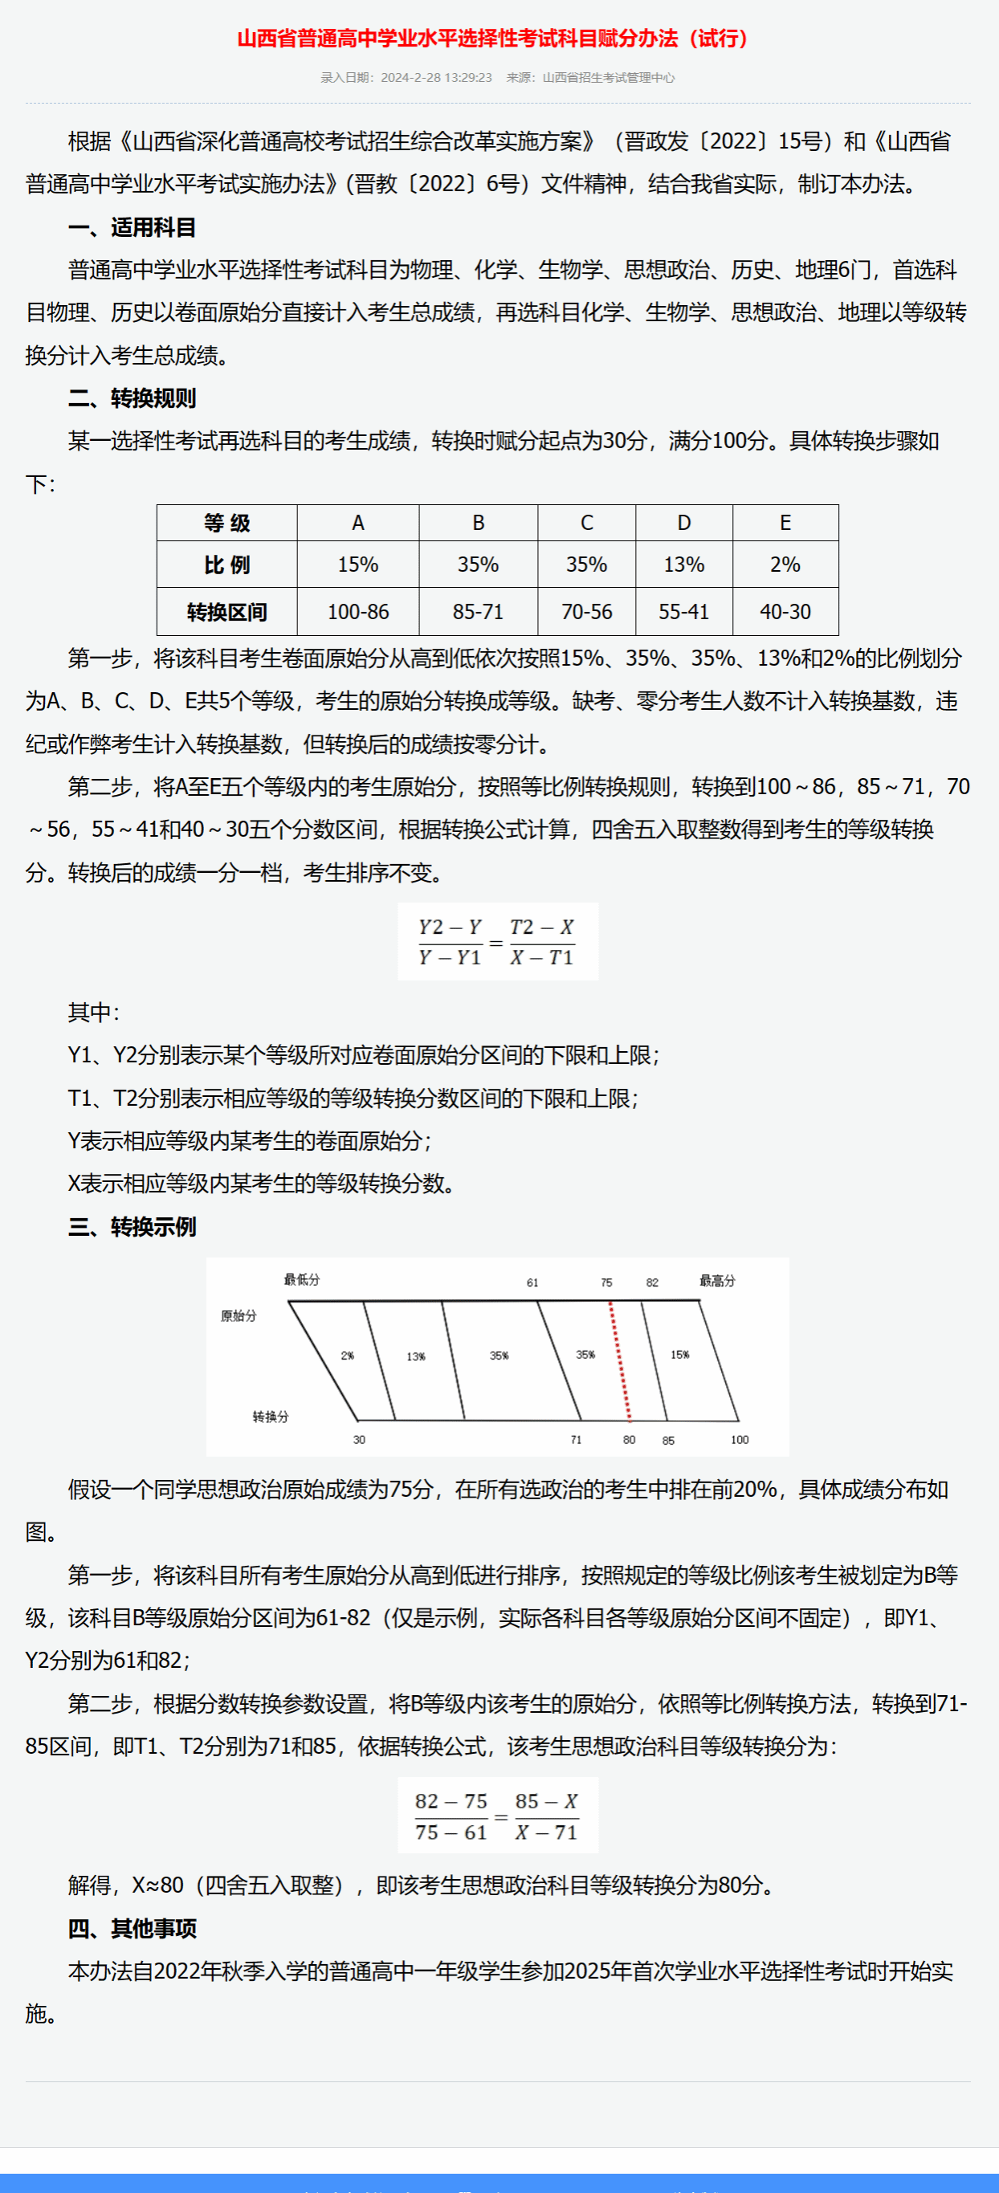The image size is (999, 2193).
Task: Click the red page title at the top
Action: pyautogui.click(x=492, y=39)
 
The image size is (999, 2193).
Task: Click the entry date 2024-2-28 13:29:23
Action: pyautogui.click(x=436, y=77)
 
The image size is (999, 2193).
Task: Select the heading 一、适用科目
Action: pyautogui.click(x=132, y=227)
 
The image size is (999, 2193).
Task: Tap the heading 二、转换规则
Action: pyautogui.click(x=132, y=398)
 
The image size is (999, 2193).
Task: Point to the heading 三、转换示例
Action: pyautogui.click(x=132, y=1227)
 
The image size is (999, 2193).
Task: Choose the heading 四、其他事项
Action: pyautogui.click(x=132, y=1928)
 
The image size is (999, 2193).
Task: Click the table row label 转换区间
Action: pyautogui.click(x=226, y=612)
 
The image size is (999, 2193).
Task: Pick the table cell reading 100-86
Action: pyautogui.click(x=357, y=612)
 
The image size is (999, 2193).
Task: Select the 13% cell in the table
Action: pyautogui.click(x=684, y=565)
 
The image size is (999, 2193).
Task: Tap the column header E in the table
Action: pyautogui.click(x=785, y=523)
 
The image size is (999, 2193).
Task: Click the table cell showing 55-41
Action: pyautogui.click(x=684, y=612)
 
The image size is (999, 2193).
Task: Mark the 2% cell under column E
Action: pyautogui.click(x=785, y=565)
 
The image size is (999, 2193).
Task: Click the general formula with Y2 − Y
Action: pyautogui.click(x=497, y=942)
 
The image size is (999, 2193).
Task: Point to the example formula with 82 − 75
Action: pyautogui.click(x=497, y=1816)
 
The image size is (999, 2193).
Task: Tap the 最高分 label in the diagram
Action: pyautogui.click(x=717, y=1280)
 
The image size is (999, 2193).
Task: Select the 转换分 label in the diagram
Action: pyautogui.click(x=271, y=1416)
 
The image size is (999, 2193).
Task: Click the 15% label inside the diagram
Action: pyautogui.click(x=679, y=1355)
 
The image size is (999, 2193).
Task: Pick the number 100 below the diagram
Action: pyautogui.click(x=740, y=1440)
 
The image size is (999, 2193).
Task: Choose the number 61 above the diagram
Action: pyautogui.click(x=532, y=1283)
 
